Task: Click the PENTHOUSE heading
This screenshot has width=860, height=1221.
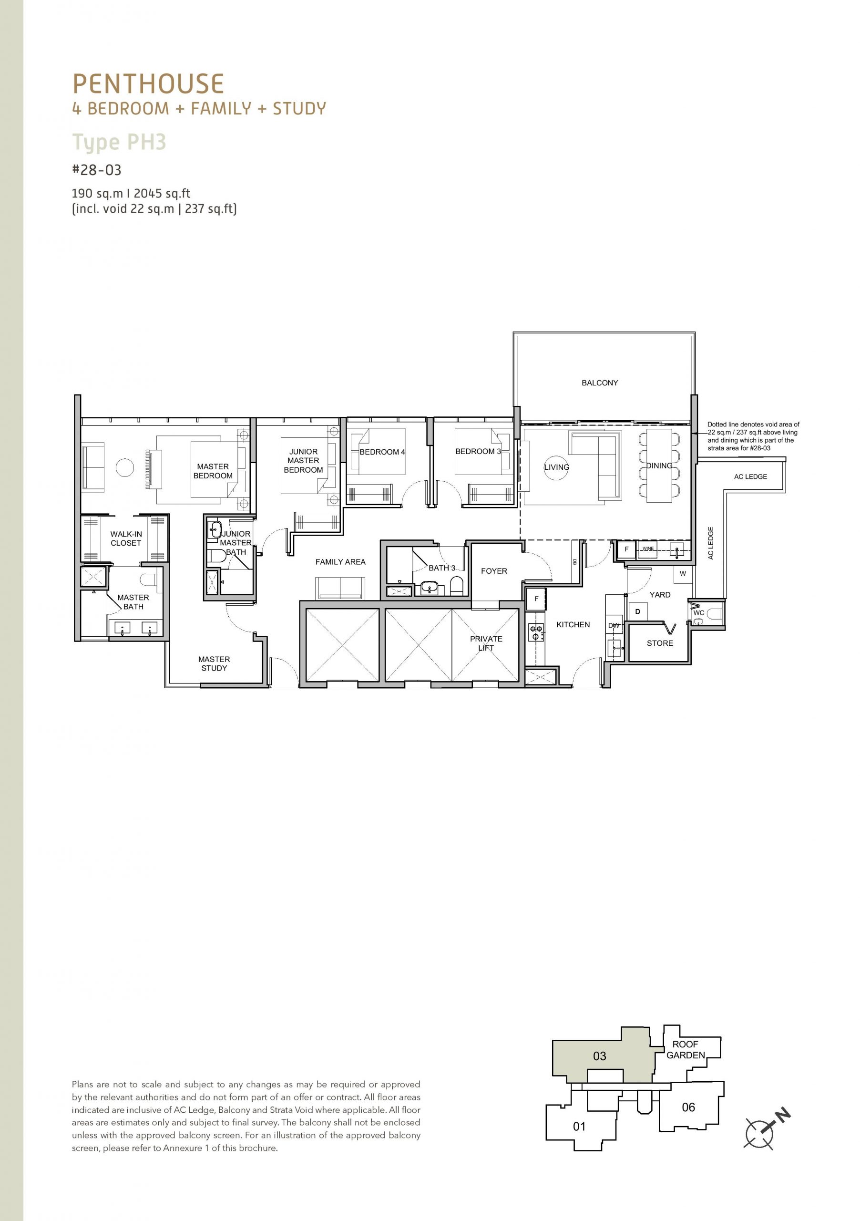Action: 148,84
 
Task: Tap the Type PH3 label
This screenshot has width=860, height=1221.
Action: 119,143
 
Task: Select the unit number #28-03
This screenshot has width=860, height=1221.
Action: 97,170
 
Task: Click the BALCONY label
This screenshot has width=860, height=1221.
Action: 600,383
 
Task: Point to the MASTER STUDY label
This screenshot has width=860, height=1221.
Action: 214,663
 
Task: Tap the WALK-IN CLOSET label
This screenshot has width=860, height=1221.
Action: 126,538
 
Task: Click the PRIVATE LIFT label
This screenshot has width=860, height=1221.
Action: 486,643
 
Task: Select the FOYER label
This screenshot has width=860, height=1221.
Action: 494,570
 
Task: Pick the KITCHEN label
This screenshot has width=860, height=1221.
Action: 573,624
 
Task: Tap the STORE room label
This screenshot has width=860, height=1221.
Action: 660,643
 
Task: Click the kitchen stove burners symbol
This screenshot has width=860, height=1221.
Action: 536,632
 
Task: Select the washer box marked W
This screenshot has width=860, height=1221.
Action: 683,573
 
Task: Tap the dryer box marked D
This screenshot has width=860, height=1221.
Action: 638,611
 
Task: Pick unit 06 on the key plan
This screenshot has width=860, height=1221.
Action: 688,1107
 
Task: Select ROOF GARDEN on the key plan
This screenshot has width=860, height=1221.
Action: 686,1050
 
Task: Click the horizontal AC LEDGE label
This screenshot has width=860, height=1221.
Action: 750,476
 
